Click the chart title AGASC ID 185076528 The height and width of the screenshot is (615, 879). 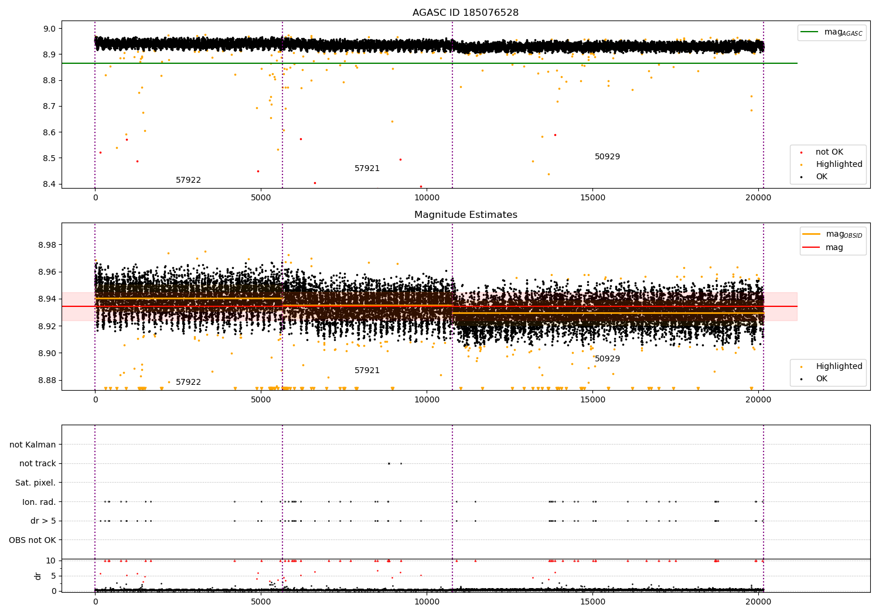coord(465,13)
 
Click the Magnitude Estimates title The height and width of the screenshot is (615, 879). coord(465,215)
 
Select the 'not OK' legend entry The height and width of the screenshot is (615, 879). coord(829,152)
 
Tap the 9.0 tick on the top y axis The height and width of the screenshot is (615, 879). coord(49,29)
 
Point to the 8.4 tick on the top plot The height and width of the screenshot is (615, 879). coord(49,184)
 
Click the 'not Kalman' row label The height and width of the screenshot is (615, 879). coord(33,445)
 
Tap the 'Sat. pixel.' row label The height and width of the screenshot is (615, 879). coord(35,483)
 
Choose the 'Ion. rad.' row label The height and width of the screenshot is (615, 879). coord(39,502)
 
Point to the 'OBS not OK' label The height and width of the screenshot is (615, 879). coord(32,540)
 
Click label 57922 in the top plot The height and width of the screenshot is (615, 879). coord(188,180)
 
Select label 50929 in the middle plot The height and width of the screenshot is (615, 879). coord(607,359)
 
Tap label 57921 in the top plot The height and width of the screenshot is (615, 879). coord(367,169)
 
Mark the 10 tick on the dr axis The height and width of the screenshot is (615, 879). coord(51,561)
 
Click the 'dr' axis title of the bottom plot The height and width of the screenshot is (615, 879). coord(38,576)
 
